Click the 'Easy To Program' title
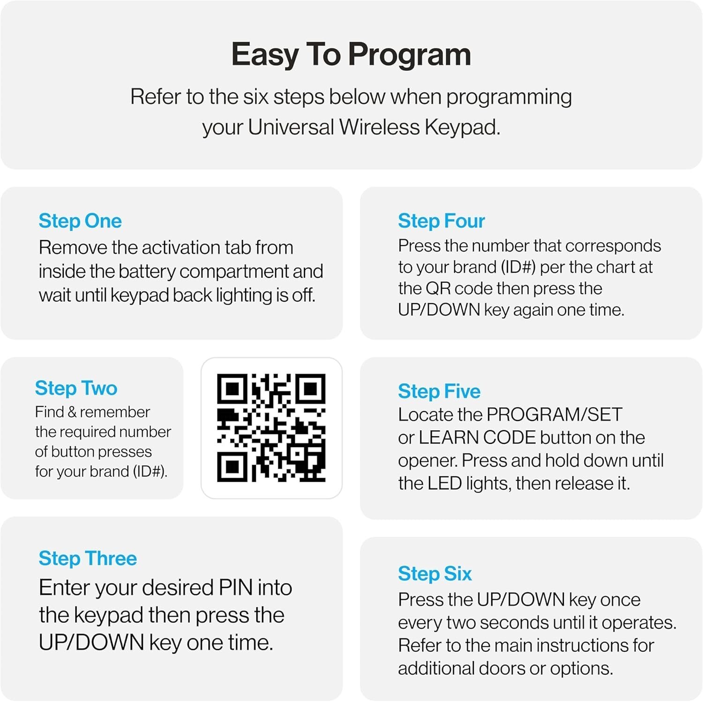click(x=351, y=55)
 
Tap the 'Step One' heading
click(x=80, y=221)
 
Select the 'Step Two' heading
click(x=76, y=388)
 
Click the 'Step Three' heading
click(x=88, y=559)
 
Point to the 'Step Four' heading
click(x=441, y=221)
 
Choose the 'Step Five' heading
click(x=439, y=392)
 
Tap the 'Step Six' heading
click(x=435, y=574)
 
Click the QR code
click(x=271, y=428)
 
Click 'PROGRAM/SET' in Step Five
click(x=554, y=415)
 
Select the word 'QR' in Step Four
click(x=438, y=289)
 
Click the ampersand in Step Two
click(x=72, y=412)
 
